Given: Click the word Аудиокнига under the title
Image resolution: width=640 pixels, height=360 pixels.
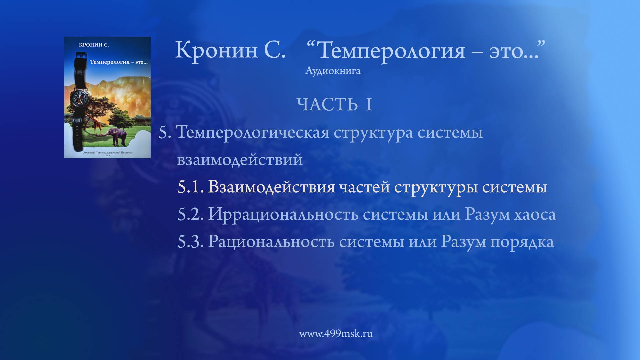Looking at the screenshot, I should tap(333, 71).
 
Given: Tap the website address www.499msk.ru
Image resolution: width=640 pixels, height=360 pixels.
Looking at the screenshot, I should tap(336, 334).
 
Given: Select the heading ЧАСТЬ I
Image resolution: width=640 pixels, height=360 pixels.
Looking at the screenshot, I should tap(334, 105).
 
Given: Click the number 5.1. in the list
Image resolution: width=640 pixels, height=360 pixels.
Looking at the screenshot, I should tap(190, 187).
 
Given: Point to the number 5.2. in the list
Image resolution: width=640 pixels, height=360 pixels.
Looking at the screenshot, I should tap(190, 214).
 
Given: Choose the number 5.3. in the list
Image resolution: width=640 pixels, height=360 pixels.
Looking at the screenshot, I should tap(190, 242).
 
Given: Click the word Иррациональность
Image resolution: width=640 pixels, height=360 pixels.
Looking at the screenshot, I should tap(283, 214).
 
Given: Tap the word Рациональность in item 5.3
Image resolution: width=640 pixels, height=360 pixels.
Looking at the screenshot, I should tap(271, 242).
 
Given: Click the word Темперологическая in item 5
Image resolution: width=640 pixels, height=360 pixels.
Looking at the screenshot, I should tap(252, 133).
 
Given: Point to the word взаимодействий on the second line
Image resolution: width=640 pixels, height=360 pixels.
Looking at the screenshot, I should tap(240, 160).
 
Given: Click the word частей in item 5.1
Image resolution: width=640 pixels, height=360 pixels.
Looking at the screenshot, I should tap(364, 187).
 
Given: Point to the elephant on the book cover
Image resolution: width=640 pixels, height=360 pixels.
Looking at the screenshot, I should tap(118, 136).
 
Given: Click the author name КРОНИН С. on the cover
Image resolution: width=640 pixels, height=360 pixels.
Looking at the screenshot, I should tap(94, 45).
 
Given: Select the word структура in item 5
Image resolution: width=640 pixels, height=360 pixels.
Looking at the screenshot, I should tap(373, 133).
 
